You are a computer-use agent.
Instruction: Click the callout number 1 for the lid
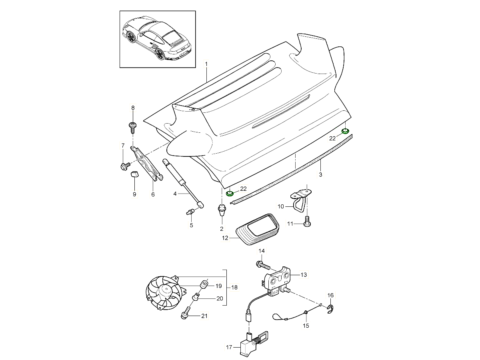[206, 64]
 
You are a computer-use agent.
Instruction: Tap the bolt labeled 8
[132, 127]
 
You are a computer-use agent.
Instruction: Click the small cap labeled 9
[134, 174]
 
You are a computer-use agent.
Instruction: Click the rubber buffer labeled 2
[221, 210]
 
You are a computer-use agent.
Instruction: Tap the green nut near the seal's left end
[230, 194]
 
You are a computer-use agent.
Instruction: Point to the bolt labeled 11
[307, 222]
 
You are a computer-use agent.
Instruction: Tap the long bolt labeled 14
[262, 265]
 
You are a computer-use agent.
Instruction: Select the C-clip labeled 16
[330, 309]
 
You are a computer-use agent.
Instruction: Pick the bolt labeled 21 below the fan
[186, 315]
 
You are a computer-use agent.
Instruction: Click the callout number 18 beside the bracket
[234, 288]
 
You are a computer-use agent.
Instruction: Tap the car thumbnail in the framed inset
[156, 39]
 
